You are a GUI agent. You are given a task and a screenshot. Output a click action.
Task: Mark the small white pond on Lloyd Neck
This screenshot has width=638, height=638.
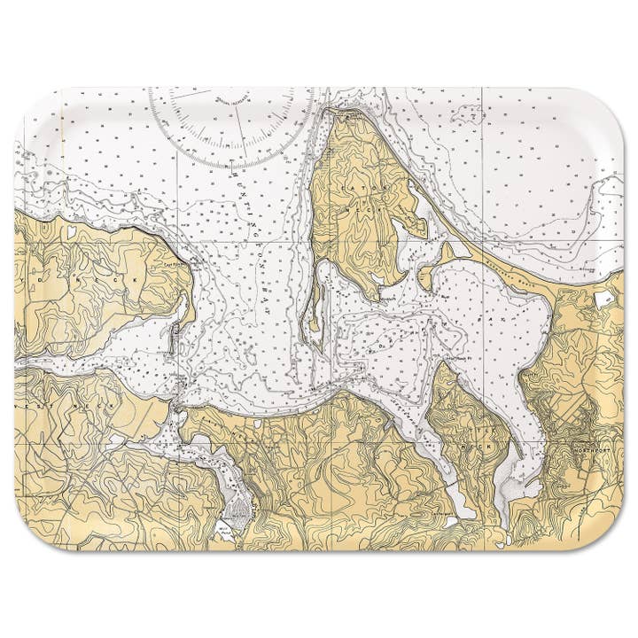click(x=71, y=233)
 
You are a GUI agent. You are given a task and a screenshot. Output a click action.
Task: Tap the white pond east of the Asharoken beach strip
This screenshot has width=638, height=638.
click(x=606, y=300)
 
